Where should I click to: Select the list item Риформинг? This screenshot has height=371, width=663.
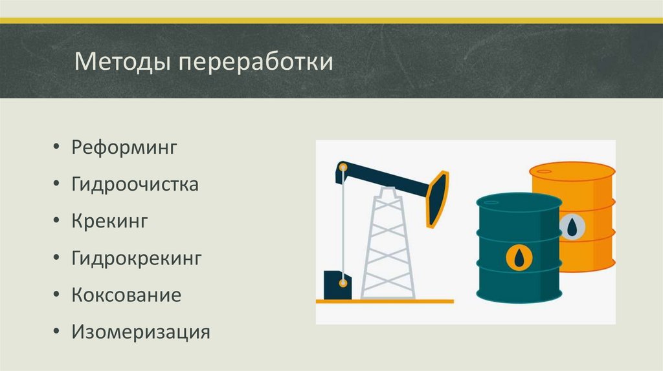pyautogui.click(x=124, y=148)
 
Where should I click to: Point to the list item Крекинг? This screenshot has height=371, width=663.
pyautogui.click(x=111, y=222)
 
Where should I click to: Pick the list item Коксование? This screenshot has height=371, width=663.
pyautogui.click(x=126, y=296)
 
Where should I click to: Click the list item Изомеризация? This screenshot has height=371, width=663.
pyautogui.click(x=141, y=333)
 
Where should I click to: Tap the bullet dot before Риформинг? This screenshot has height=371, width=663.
pyautogui.click(x=58, y=148)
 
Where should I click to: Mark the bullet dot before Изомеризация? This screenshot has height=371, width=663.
pyautogui.click(x=58, y=334)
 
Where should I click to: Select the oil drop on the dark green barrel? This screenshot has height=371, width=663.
pyautogui.click(x=519, y=258)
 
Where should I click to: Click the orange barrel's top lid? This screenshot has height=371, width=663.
pyautogui.click(x=572, y=171)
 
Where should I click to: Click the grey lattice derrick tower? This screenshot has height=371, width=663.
pyautogui.click(x=387, y=246)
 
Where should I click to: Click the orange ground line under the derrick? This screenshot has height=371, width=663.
pyautogui.click(x=385, y=301)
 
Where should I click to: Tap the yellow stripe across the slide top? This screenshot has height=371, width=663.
pyautogui.click(x=331, y=21)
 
